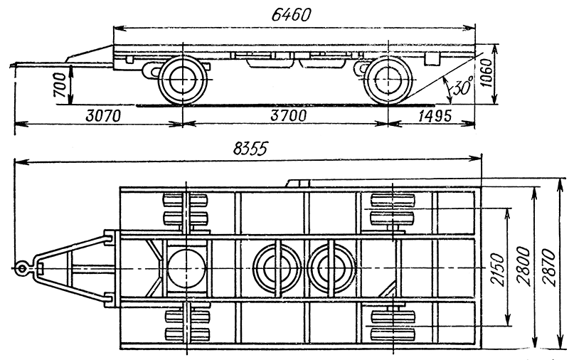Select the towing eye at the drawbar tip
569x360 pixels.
pos(22,268)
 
